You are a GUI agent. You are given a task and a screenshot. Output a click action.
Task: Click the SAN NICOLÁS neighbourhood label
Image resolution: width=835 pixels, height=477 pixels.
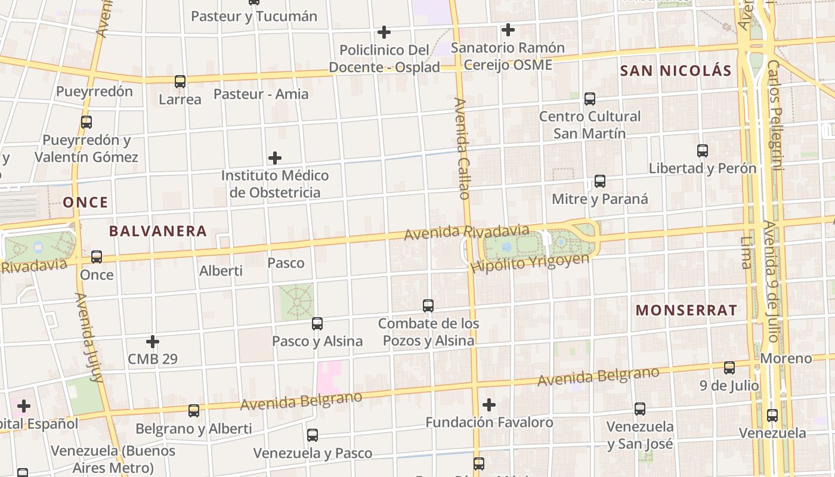click(x=676, y=70)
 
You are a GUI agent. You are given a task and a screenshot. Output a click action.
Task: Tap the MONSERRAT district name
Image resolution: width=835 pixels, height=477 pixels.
click(x=686, y=310)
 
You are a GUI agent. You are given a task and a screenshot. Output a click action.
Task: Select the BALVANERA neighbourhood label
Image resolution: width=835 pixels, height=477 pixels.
click(x=158, y=231)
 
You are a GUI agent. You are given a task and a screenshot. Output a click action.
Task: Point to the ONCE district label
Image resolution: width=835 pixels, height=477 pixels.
click(x=86, y=202)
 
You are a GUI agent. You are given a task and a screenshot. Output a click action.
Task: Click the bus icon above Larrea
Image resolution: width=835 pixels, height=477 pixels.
click(x=180, y=81)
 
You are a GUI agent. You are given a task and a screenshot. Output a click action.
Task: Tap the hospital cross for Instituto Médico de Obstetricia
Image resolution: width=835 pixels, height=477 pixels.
click(x=275, y=158)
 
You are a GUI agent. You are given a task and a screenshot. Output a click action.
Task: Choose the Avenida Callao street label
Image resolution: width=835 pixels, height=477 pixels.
click(x=462, y=148)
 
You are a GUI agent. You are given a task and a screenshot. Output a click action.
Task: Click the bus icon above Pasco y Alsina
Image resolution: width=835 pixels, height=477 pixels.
click(x=317, y=323)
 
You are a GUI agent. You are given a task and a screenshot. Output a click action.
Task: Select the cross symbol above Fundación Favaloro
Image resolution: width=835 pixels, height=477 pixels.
click(x=489, y=405)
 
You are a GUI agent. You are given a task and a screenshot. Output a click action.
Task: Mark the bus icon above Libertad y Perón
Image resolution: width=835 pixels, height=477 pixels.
click(x=703, y=150)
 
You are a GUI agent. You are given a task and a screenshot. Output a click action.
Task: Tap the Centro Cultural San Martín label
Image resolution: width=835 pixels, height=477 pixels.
click(x=590, y=125)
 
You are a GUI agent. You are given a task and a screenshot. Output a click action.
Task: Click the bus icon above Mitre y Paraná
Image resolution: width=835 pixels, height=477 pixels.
click(x=600, y=181)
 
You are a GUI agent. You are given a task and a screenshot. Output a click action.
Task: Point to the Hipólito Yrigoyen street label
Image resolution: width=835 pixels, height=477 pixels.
click(x=530, y=263)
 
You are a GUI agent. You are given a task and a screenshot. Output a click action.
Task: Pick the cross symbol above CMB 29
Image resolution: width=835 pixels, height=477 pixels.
click(x=153, y=342)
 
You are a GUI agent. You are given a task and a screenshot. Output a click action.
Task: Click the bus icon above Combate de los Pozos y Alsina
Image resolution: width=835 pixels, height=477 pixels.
click(x=428, y=305)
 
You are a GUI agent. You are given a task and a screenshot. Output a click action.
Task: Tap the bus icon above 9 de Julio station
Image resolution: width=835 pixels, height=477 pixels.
click(x=729, y=367)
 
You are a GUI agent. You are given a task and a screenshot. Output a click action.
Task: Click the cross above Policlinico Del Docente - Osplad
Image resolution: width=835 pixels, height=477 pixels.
click(x=385, y=32)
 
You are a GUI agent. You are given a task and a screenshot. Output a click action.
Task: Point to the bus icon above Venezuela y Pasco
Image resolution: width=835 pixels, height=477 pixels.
click(x=313, y=435)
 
